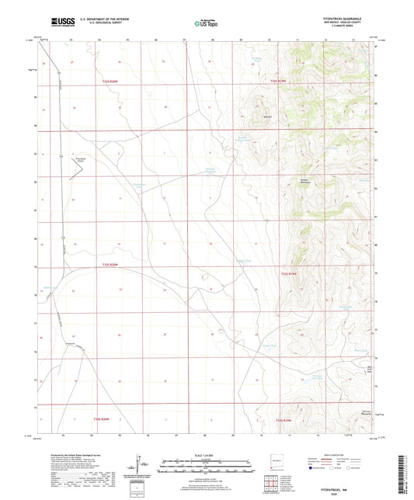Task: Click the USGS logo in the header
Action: pyautogui.click(x=56, y=23)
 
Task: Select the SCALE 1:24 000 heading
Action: pyautogui.click(x=207, y=455)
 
